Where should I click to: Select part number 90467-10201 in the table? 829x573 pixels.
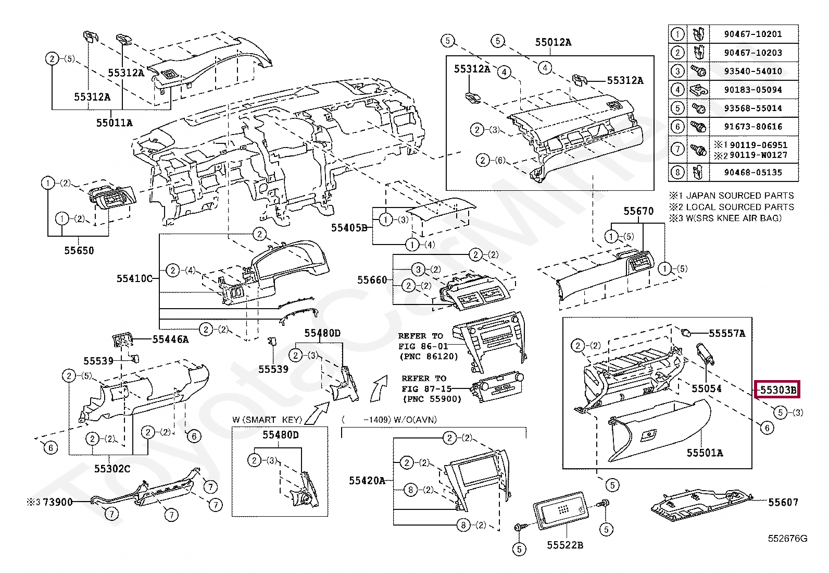(753, 34)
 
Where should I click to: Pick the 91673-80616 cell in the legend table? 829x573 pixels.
(753, 127)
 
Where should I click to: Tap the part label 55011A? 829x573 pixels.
(115, 123)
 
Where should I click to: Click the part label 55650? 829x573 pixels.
(79, 251)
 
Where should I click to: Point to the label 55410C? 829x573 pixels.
(134, 278)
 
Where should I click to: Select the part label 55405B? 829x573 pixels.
(349, 227)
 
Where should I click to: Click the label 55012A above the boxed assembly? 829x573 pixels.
(553, 42)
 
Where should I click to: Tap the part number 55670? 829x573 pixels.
(638, 211)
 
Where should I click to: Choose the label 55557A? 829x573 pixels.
(727, 334)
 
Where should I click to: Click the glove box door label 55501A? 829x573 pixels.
(705, 453)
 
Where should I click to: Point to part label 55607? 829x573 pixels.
(783, 502)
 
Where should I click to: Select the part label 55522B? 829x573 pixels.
(565, 545)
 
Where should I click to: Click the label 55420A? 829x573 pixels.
(367, 481)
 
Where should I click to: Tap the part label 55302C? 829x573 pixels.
(112, 469)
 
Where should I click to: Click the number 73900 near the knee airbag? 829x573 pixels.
(58, 502)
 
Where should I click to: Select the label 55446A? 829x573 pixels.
(171, 339)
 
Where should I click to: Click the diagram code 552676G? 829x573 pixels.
(787, 539)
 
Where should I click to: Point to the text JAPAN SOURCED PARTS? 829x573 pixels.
(740, 196)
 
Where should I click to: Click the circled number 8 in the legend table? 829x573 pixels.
(677, 173)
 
